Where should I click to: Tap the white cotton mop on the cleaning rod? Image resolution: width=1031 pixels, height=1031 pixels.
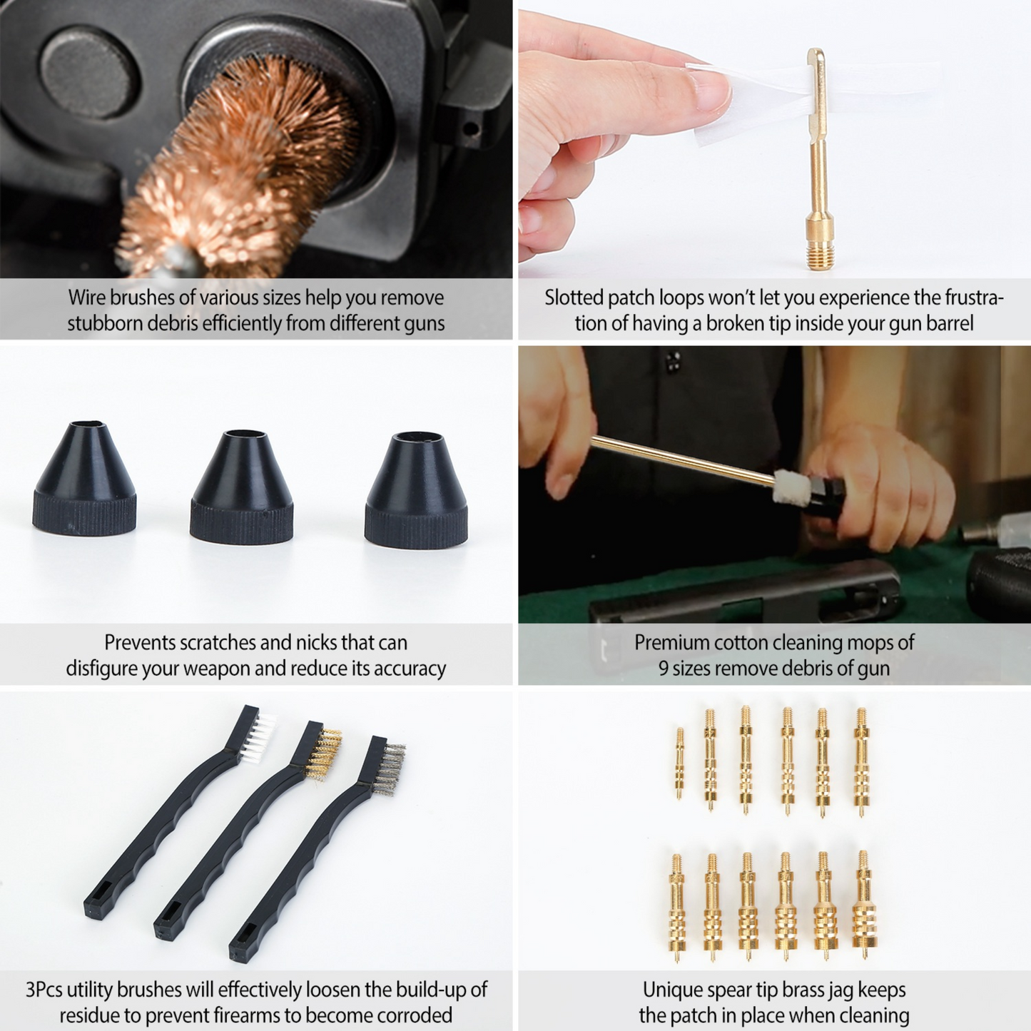coord(792,487)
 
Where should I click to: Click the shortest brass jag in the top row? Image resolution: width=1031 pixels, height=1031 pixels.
coord(679,763)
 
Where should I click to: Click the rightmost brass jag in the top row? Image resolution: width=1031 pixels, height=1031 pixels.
coord(861,761)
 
